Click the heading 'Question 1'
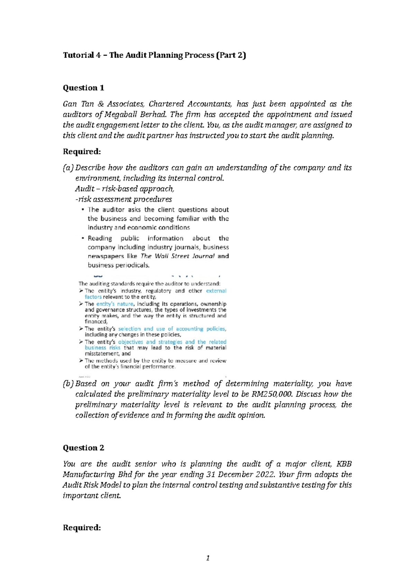(x=83, y=88)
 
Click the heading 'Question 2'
(x=83, y=448)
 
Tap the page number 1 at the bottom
(x=207, y=558)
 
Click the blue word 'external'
(x=216, y=291)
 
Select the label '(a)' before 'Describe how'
(x=68, y=168)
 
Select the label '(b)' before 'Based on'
(x=68, y=384)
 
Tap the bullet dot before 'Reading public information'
(x=83, y=238)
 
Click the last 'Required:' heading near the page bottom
(x=82, y=528)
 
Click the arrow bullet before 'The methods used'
(x=81, y=361)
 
